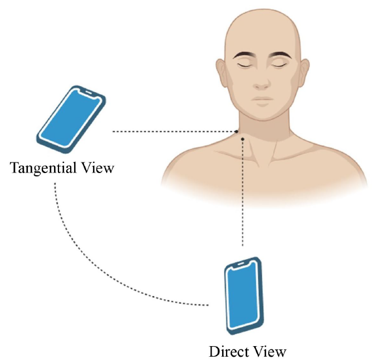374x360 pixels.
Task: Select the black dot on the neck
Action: click(x=237, y=131)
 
